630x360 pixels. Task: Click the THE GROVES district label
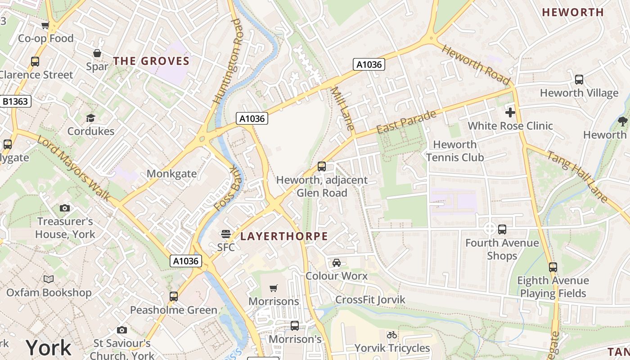151,61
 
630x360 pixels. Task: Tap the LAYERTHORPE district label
284,236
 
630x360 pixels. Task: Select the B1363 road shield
15,101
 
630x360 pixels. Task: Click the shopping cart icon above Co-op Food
45,26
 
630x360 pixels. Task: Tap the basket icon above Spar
97,54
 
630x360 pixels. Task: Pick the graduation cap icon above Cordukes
91,118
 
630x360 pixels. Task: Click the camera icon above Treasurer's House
65,208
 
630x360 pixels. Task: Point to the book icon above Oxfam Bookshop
49,279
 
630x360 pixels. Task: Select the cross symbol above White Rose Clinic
510,112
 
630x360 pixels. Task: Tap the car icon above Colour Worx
336,263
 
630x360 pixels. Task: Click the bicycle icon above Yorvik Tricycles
392,335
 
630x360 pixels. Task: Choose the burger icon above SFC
225,234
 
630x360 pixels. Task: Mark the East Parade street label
406,121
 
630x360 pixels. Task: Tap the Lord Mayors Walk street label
74,168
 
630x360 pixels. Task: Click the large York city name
48,347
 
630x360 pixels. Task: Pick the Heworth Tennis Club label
454,151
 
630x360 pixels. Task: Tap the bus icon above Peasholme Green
174,297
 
